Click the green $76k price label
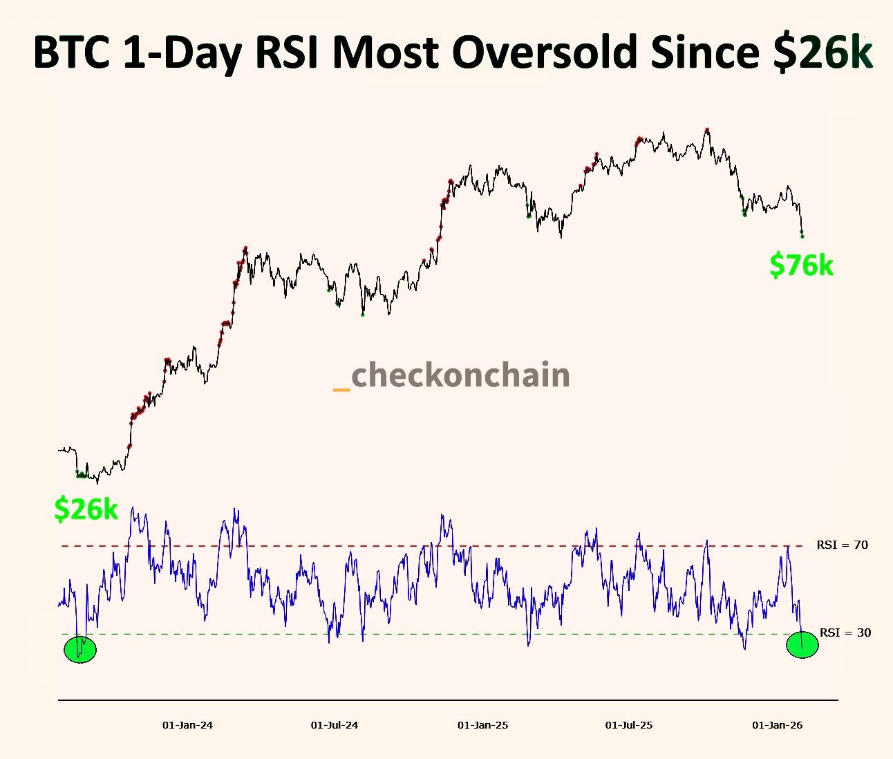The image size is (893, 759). tap(801, 265)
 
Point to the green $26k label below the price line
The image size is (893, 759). tap(86, 509)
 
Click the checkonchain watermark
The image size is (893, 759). tap(460, 375)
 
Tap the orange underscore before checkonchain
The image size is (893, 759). tap(341, 390)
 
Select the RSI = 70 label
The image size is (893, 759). tap(842, 545)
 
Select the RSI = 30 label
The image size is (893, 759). tap(845, 632)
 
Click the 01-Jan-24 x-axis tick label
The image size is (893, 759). tap(187, 725)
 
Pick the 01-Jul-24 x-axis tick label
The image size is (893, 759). tap(335, 725)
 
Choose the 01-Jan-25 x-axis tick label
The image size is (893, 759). tap(482, 725)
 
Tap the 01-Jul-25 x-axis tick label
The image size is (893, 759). tap(629, 725)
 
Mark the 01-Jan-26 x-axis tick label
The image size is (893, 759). tap(777, 725)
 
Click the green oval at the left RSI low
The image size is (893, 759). tap(80, 649)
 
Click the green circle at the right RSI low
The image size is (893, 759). tap(802, 645)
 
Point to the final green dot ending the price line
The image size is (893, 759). tap(802, 236)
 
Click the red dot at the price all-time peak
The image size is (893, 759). tap(707, 130)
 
